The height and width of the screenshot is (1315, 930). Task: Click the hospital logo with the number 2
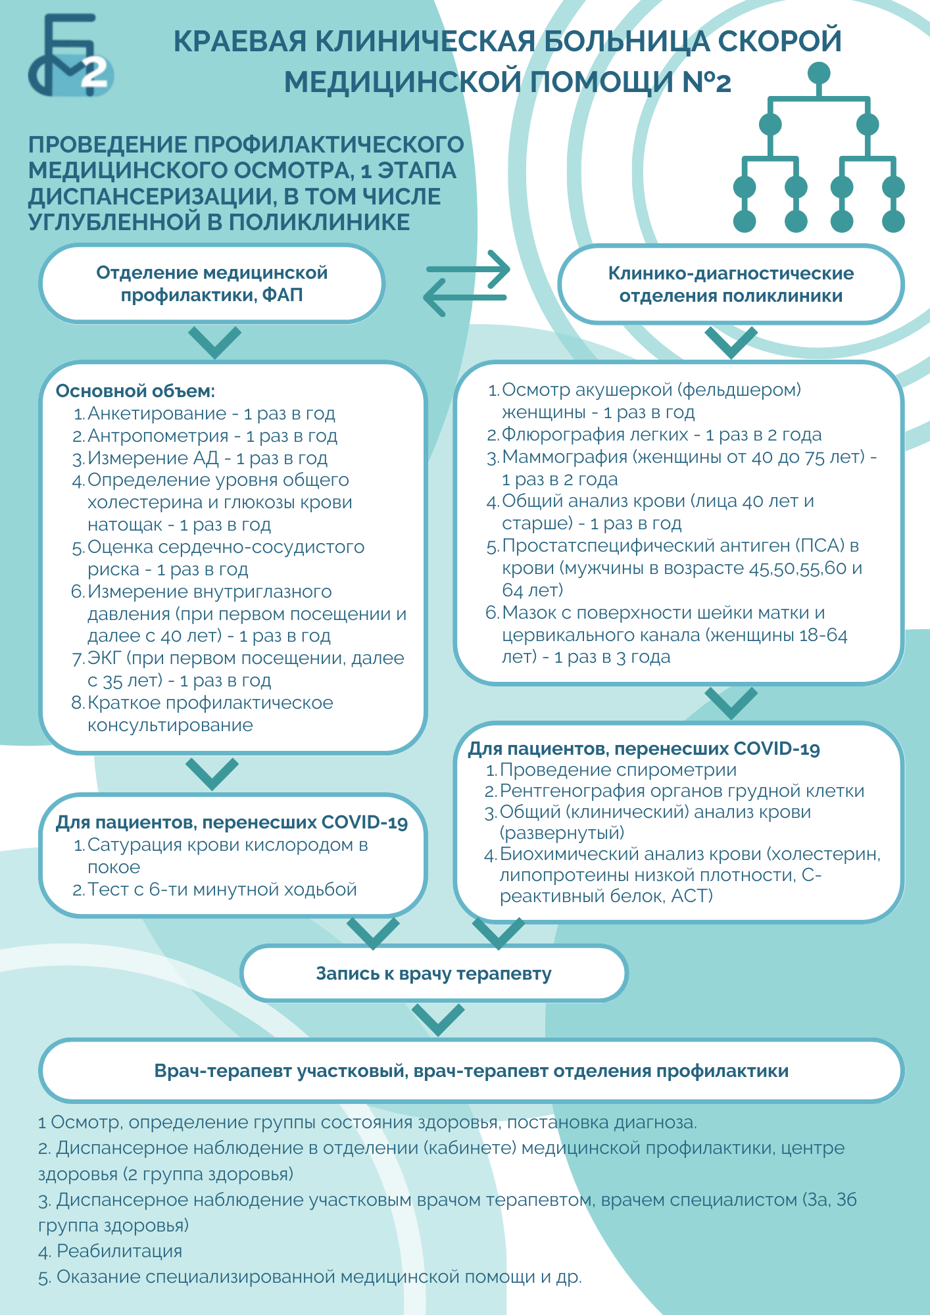pos(70,56)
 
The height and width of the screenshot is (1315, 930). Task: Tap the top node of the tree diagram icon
pos(818,73)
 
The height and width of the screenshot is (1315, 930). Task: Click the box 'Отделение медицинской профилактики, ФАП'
pos(212,284)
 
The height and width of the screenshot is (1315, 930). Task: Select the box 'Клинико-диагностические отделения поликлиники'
pos(731,285)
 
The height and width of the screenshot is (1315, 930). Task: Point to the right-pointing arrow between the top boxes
pos(468,268)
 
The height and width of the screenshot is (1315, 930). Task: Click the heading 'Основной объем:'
pos(135,391)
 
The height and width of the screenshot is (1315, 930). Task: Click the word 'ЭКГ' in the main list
pos(104,658)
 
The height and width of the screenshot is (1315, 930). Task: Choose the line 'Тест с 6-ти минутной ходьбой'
pos(222,890)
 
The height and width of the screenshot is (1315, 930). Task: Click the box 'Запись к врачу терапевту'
pos(434,973)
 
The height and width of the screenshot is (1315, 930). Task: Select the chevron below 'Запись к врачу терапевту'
pos(438,1020)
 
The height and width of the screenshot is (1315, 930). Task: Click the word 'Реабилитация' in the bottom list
pos(120,1251)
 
